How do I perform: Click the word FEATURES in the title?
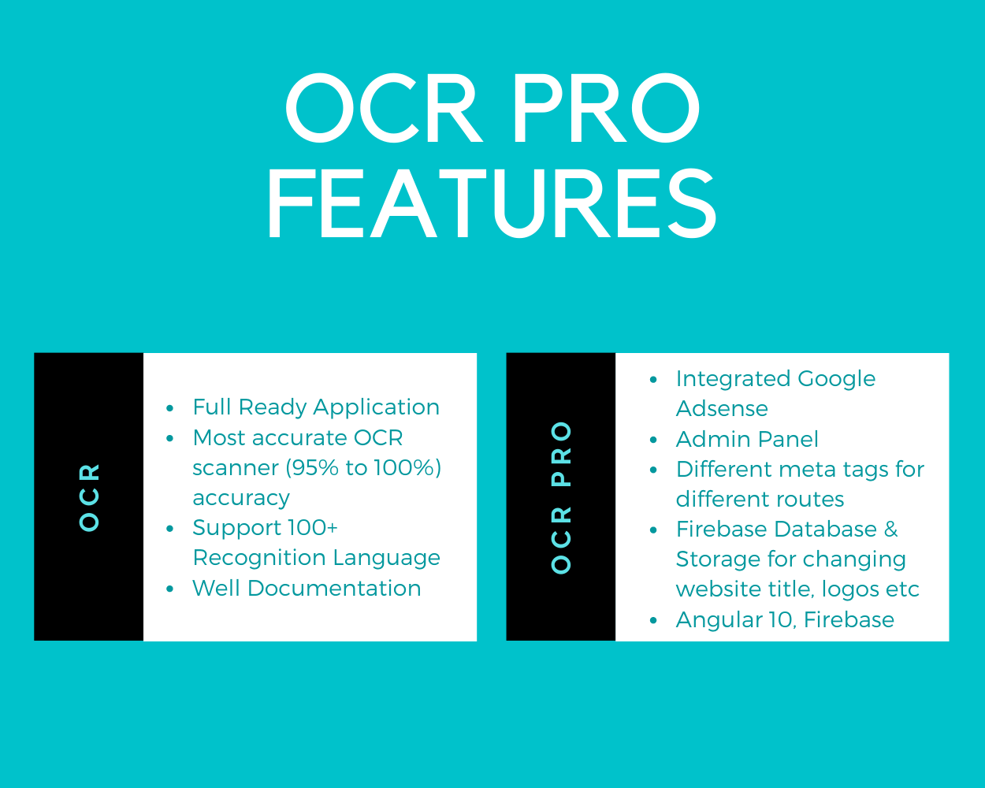pyautogui.click(x=492, y=203)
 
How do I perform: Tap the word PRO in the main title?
pyautogui.click(x=607, y=108)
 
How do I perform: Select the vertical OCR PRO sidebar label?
pyautogui.click(x=561, y=497)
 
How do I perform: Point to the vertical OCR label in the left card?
pyautogui.click(x=89, y=497)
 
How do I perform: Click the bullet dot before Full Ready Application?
pyautogui.click(x=169, y=408)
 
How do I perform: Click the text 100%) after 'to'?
pyautogui.click(x=407, y=468)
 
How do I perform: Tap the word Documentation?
pyautogui.click(x=333, y=589)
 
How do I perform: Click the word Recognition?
pyautogui.click(x=259, y=559)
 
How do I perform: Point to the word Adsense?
pyautogui.click(x=722, y=408)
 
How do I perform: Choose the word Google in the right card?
pyautogui.click(x=836, y=380)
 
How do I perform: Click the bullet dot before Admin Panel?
pyautogui.click(x=653, y=440)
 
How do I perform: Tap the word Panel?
pyautogui.click(x=788, y=439)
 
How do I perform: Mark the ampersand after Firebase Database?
pyautogui.click(x=890, y=529)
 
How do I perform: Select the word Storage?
pyautogui.click(x=718, y=560)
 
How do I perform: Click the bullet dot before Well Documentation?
pyautogui.click(x=169, y=589)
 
